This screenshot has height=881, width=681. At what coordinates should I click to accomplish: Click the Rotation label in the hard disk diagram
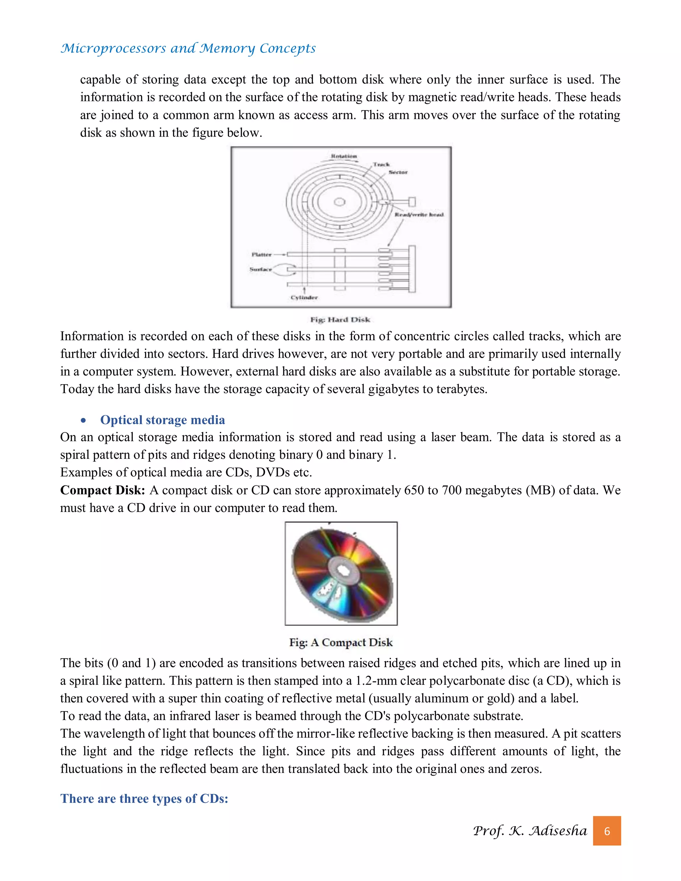point(344,156)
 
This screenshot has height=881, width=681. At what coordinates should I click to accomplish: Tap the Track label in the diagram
point(381,165)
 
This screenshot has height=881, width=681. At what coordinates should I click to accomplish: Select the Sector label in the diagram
point(398,172)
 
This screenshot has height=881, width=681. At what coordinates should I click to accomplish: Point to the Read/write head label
point(419,215)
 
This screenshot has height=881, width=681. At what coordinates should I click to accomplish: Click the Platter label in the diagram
point(261,255)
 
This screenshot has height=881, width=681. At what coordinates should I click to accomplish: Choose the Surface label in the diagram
point(261,269)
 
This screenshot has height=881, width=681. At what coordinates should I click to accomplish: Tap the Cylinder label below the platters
point(304,298)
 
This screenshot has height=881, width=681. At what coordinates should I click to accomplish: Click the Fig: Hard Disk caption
point(340,320)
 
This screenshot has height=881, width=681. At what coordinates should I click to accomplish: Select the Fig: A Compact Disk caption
point(340,642)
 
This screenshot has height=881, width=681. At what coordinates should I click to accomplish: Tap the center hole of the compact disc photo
point(343,570)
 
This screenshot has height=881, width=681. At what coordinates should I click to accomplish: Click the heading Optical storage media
point(163,420)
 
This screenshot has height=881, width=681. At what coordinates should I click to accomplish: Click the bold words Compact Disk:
point(102,490)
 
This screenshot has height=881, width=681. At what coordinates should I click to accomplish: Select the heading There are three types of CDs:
point(144,798)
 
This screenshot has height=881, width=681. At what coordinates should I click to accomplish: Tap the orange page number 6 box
point(607,831)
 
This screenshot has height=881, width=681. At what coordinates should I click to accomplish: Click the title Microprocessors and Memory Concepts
point(188,49)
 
